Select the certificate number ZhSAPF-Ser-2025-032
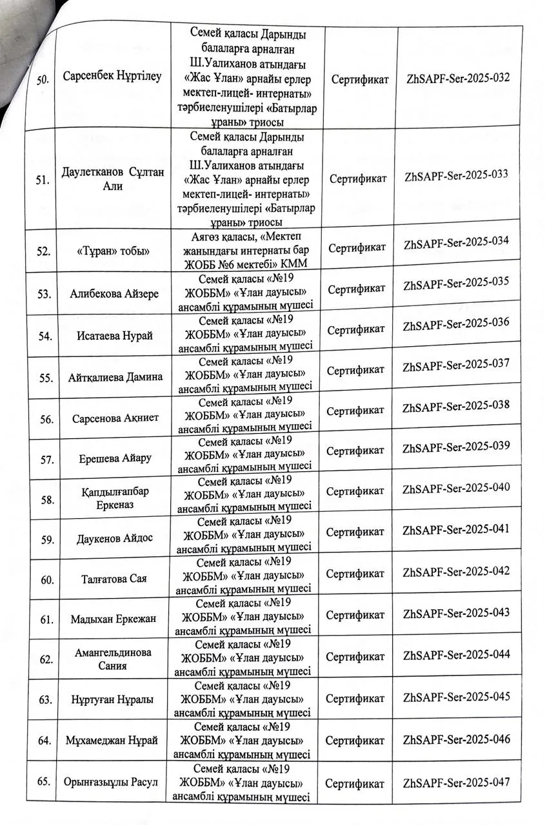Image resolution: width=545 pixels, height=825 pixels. (x=459, y=78)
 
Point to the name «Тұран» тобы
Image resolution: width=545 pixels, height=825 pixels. (x=113, y=252)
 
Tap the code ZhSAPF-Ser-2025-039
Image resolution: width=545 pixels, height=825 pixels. (x=456, y=447)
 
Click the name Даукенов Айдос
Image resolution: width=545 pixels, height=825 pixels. (x=115, y=538)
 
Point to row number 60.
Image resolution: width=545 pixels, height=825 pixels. (x=46, y=579)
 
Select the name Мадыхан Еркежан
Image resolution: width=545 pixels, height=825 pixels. (x=114, y=619)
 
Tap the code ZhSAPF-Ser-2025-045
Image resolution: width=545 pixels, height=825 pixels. (x=456, y=697)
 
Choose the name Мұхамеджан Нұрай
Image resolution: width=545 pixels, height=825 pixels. (x=112, y=740)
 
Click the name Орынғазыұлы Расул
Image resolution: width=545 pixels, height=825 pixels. (x=114, y=782)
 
